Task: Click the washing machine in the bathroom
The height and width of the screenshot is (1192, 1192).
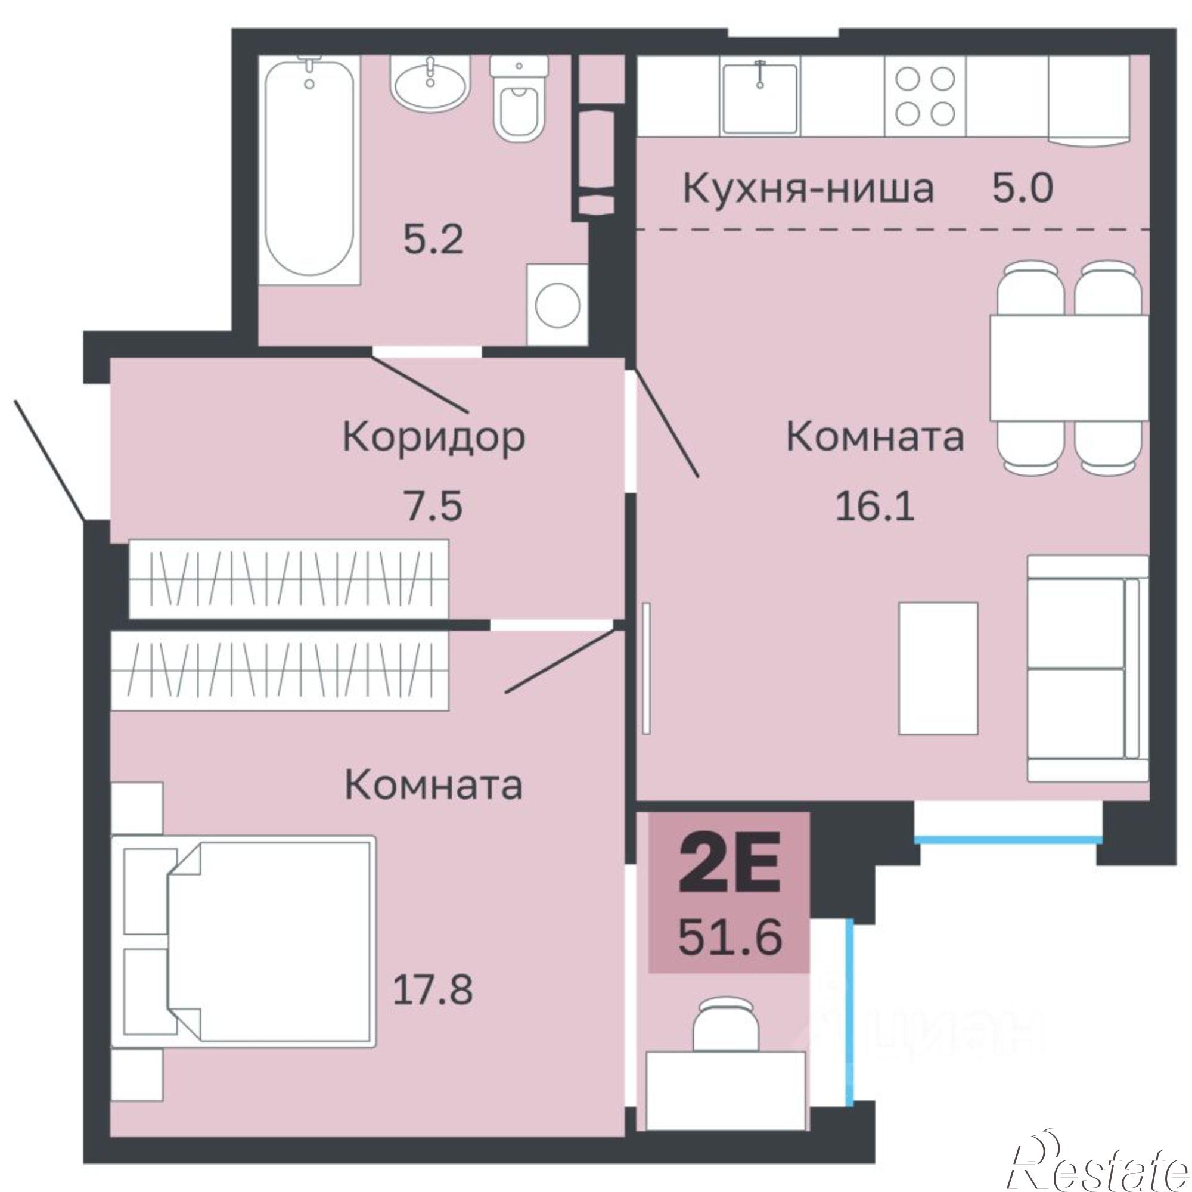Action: (557, 305)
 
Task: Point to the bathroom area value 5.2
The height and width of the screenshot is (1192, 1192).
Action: (433, 241)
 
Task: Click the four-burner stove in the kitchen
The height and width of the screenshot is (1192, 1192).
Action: (925, 95)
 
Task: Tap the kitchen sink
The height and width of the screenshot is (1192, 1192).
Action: (760, 98)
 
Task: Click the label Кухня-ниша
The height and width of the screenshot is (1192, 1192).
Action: (808, 189)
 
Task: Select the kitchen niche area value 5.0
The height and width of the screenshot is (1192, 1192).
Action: (1022, 189)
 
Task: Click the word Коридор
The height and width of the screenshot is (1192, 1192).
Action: (434, 437)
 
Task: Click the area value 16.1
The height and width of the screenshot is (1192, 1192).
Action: (875, 508)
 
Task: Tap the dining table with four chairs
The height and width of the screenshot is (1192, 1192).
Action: (1069, 368)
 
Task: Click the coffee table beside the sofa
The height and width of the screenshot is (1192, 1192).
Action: (938, 668)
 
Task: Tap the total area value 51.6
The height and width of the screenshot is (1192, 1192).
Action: (730, 936)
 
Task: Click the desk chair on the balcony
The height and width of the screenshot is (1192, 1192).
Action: (725, 1028)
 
